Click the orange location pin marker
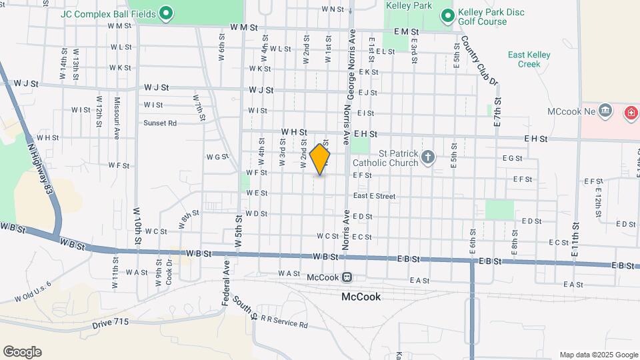click(320, 159)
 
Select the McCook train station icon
click(347, 277)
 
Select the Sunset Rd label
click(160, 123)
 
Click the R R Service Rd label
click(284, 325)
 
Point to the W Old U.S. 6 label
click(27, 291)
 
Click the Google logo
click(22, 351)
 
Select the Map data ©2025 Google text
click(598, 355)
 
